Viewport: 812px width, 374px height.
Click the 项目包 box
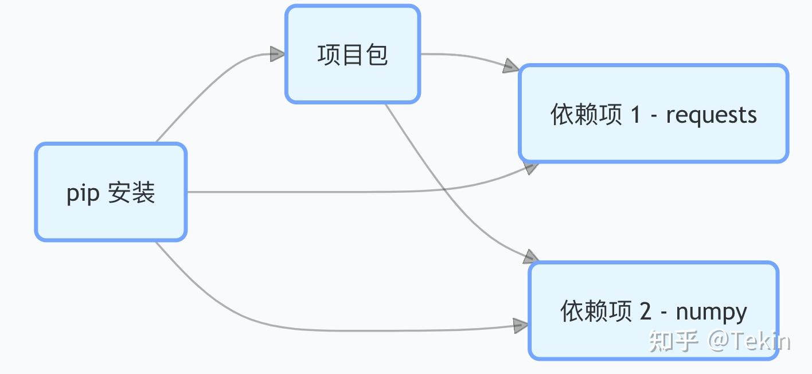click(353, 54)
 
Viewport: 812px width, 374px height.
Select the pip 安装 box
click(111, 192)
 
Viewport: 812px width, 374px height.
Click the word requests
click(711, 115)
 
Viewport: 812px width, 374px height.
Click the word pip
click(79, 194)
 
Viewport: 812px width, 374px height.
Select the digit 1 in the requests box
click(635, 115)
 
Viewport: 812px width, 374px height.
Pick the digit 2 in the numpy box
click(645, 312)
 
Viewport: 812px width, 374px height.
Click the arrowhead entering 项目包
click(278, 54)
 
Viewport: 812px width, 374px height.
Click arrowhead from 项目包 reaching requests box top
click(510, 67)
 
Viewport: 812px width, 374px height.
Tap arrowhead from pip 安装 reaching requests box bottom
click(530, 167)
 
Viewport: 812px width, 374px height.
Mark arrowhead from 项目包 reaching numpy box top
click(530, 256)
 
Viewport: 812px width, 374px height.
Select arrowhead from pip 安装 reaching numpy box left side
click(521, 326)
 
